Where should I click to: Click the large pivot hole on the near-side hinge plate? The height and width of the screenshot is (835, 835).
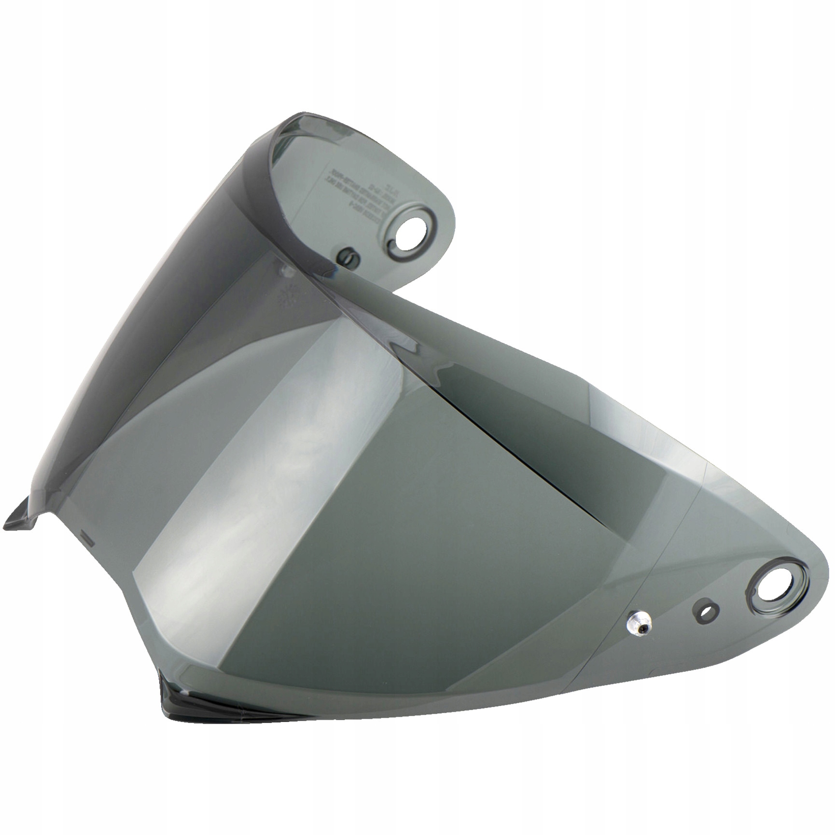772,587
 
